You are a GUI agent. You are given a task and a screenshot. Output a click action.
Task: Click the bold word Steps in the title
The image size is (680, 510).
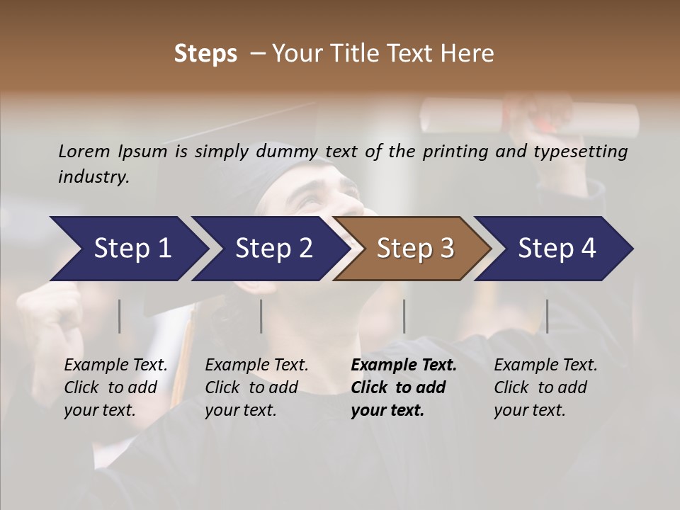click(205, 54)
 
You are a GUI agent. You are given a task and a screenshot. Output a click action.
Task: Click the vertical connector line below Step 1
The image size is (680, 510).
click(120, 316)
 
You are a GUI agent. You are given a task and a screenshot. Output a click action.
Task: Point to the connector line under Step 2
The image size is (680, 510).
click(261, 316)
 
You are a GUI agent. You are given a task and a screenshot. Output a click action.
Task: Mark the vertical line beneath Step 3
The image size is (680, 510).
click(404, 316)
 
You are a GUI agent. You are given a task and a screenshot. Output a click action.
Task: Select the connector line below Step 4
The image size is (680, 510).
click(547, 316)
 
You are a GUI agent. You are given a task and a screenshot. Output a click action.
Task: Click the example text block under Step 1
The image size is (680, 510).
click(115, 387)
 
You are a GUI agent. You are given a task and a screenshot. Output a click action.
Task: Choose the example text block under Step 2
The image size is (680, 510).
click(256, 387)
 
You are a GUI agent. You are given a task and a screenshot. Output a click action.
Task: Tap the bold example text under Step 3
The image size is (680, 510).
click(404, 387)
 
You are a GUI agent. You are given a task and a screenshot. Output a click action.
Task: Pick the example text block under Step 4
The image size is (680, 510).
click(545, 387)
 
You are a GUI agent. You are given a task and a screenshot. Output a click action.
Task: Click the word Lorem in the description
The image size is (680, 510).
click(84, 151)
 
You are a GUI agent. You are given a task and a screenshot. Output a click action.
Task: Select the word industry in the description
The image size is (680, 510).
click(93, 176)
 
